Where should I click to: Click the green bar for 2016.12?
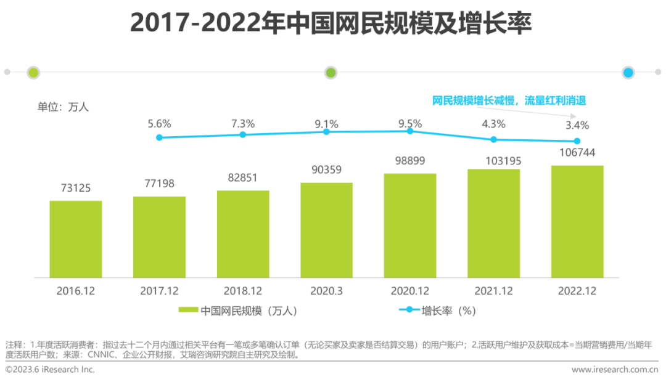[x=76, y=239]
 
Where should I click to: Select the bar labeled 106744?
[x=577, y=221]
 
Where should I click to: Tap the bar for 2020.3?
[x=327, y=230]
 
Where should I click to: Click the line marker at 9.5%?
[x=410, y=131]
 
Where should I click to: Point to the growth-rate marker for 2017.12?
[x=159, y=137]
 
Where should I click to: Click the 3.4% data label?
[x=577, y=125]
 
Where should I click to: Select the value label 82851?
[x=243, y=178]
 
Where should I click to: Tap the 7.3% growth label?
[x=243, y=123]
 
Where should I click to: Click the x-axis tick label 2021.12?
[x=493, y=291]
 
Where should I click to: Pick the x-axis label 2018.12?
[x=243, y=291]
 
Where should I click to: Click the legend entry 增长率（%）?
[x=438, y=311]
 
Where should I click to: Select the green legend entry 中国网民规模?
[x=238, y=311]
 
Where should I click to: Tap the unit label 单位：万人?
[x=64, y=107]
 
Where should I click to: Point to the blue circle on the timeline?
[x=628, y=72]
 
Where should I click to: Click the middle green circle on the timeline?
[x=331, y=72]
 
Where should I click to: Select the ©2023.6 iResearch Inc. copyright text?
[x=50, y=370]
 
